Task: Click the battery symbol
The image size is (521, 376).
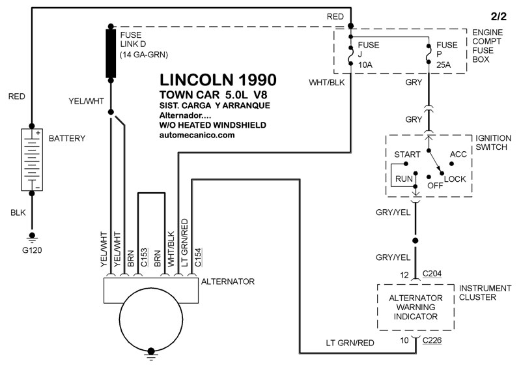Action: tap(32, 160)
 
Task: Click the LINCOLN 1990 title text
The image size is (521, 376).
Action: tap(218, 80)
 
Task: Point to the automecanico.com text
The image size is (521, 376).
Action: tap(196, 135)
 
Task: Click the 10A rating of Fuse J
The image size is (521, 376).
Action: tap(363, 65)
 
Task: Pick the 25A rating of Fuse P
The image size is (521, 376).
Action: tap(444, 65)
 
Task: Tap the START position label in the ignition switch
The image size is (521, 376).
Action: tap(407, 154)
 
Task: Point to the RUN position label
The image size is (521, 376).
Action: tap(404, 177)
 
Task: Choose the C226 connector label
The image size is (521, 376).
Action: tap(432, 340)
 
